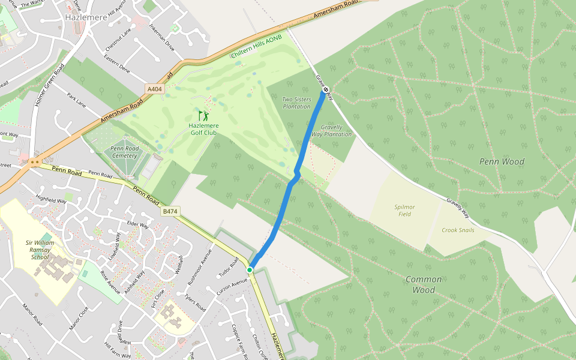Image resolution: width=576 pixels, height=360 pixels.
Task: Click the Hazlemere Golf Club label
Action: coord(203,129)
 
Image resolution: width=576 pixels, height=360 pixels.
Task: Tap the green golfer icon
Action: coord(203,115)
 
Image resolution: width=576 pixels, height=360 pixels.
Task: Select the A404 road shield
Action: coord(155,89)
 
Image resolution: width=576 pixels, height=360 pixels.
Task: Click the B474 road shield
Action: coord(170,211)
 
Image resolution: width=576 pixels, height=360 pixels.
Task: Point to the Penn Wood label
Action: coord(502,161)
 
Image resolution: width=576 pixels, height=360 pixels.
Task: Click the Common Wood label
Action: coord(424,284)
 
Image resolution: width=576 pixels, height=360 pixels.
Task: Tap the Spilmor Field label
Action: coord(404,211)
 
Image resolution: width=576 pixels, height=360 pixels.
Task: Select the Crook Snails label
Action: coord(458,230)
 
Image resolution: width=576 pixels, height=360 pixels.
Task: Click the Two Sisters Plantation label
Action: coord(296,103)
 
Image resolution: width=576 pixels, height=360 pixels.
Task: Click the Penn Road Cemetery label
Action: coord(124,152)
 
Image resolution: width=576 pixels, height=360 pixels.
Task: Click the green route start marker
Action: coord(250,270)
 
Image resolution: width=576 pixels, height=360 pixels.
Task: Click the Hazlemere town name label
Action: coord(85,17)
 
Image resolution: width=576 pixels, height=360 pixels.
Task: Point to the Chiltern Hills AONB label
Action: coord(256,46)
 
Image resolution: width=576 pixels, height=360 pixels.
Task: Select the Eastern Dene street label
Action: coord(116,65)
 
